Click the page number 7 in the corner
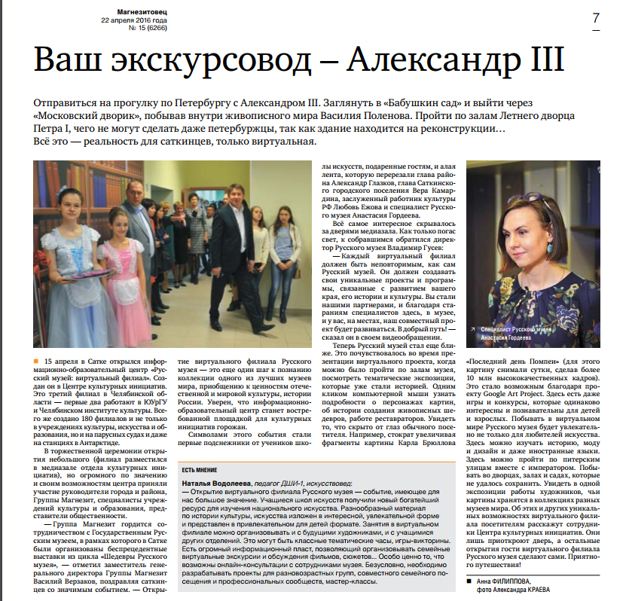coord(596,18)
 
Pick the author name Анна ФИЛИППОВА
coord(516,581)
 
